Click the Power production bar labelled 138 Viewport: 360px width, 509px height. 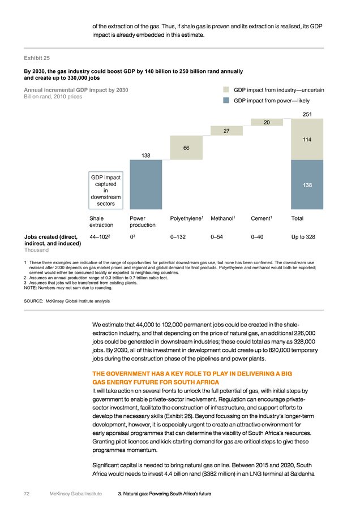pyautogui.click(x=146, y=184)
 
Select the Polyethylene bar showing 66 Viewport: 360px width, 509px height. pyautogui.click(x=186, y=148)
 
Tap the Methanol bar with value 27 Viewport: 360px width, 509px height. pyautogui.click(x=226, y=131)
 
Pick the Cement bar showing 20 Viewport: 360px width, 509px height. pyautogui.click(x=267, y=122)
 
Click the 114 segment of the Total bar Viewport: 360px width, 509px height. pyautogui.click(x=307, y=139)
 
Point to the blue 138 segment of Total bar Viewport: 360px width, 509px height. pyautogui.click(x=307, y=184)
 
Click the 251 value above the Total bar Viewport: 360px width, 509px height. pyautogui.click(x=307, y=114)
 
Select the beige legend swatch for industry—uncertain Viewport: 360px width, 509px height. pyautogui.click(x=226, y=89)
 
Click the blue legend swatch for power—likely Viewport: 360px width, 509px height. pyautogui.click(x=226, y=100)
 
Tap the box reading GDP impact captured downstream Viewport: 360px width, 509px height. pyautogui.click(x=106, y=190)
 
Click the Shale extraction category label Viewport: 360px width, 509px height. pyautogui.click(x=101, y=222)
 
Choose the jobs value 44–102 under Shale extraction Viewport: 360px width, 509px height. pyautogui.click(x=100, y=237)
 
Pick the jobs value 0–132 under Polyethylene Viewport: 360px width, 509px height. pyautogui.click(x=178, y=237)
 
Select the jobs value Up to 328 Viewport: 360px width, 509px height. pyautogui.click(x=303, y=237)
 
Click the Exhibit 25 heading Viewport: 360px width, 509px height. pyautogui.click(x=37, y=58)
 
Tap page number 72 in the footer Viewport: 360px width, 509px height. pyautogui.click(x=27, y=494)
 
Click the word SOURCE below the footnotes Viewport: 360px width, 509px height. pyautogui.click(x=33, y=301)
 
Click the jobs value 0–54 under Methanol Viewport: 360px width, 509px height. pyautogui.click(x=217, y=237)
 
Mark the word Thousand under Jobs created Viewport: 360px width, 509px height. pyautogui.click(x=36, y=250)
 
